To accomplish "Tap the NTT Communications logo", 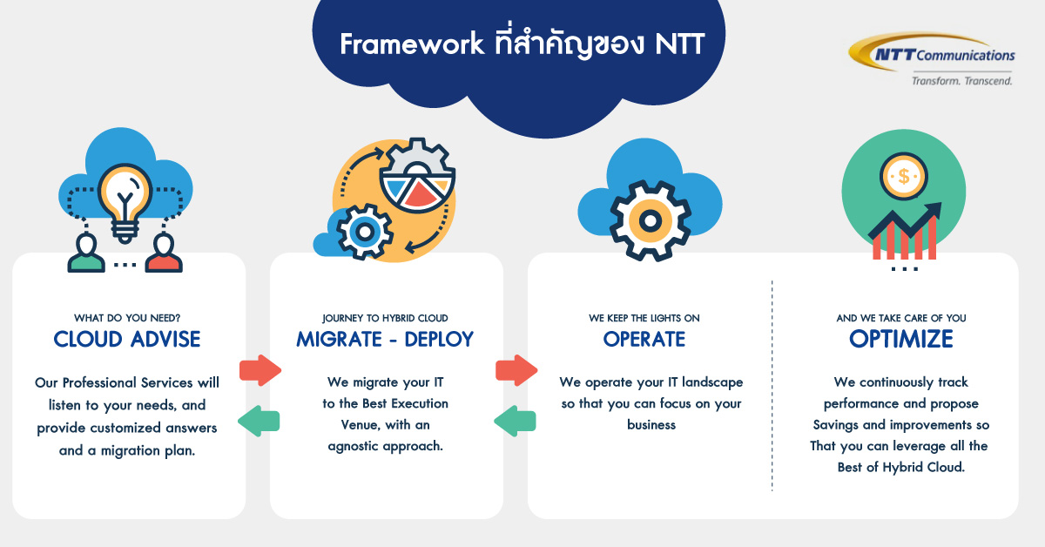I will pyautogui.click(x=932, y=53).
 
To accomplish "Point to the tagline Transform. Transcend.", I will pyautogui.click(x=961, y=80).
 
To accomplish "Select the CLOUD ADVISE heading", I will pyautogui.click(x=127, y=339).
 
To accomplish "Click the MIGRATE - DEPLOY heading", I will pyautogui.click(x=385, y=339).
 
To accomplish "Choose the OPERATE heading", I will pyautogui.click(x=644, y=339).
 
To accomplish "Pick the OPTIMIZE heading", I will pyautogui.click(x=901, y=339).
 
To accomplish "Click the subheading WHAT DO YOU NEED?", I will pyautogui.click(x=127, y=318).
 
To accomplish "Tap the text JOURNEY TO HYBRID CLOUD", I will pyautogui.click(x=385, y=318).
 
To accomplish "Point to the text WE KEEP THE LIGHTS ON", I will pyautogui.click(x=644, y=318).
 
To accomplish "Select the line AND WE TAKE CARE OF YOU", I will pyautogui.click(x=901, y=318).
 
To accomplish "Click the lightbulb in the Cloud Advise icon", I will pyautogui.click(x=125, y=197).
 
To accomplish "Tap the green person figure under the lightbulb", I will pyautogui.click(x=86, y=252).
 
